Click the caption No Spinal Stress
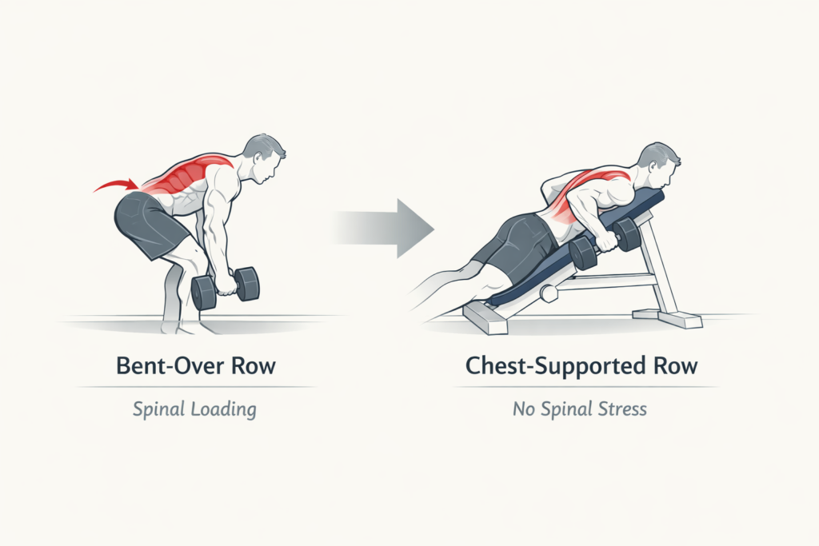(579, 409)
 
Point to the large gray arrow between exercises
(384, 229)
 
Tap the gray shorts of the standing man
(148, 221)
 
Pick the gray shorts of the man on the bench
(516, 240)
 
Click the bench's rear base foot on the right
(680, 320)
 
